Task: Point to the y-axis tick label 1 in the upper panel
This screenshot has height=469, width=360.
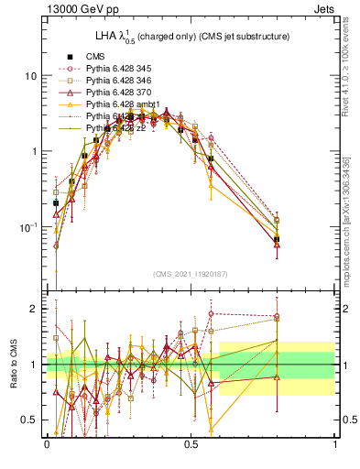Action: [x=35, y=151]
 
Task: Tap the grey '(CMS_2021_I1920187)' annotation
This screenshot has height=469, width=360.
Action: [x=191, y=275]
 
